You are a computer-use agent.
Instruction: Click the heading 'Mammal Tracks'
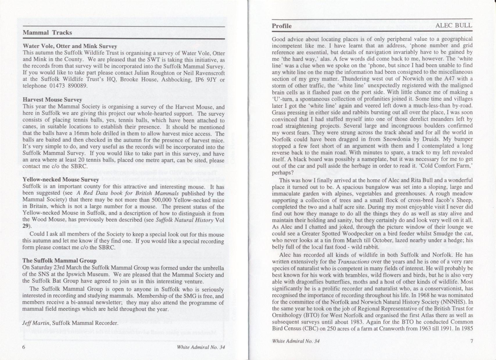pyautogui.click(x=47, y=33)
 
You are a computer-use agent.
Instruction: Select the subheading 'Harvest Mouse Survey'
pyautogui.click(x=50, y=100)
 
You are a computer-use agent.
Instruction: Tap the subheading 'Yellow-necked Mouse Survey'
pyautogui.click(x=61, y=180)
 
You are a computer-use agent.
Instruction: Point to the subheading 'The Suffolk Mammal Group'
pyautogui.click(x=59, y=261)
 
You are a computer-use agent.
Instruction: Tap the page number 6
pyautogui.click(x=24, y=348)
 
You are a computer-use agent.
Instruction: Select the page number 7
pyautogui.click(x=471, y=341)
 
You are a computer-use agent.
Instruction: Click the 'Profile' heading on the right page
pyautogui.click(x=282, y=26)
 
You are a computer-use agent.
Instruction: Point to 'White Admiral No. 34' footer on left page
pyautogui.click(x=201, y=348)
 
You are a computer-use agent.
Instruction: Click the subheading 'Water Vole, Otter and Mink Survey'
pyautogui.click(x=70, y=46)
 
